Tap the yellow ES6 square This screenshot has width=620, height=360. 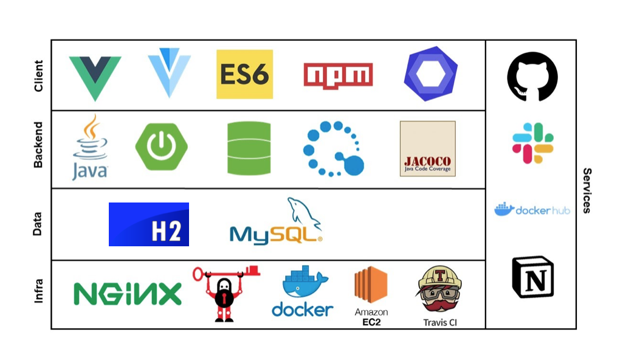244,74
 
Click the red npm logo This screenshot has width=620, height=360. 338,75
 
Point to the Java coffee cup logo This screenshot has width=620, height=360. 90,148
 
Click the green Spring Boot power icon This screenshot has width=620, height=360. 161,147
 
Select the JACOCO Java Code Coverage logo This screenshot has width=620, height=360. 427,149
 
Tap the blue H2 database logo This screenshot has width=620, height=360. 149,224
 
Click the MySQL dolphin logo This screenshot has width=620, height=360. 276,222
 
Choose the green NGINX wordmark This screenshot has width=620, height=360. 127,294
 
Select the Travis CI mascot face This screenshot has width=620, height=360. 439,291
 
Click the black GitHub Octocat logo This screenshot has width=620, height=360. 532,76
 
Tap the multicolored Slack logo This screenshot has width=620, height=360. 532,143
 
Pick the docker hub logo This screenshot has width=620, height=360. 532,210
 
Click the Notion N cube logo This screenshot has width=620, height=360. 532,277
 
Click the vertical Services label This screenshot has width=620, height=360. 587,190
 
